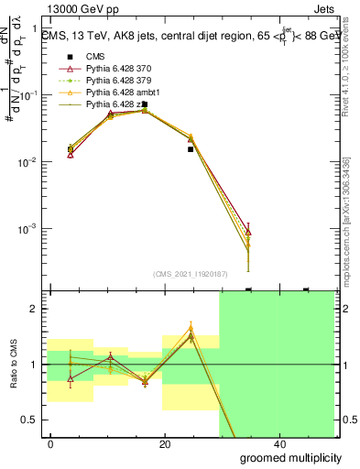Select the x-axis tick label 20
(165, 442)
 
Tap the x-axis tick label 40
(278, 442)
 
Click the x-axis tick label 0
(51, 442)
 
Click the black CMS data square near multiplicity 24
(191, 148)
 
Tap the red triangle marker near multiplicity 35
(248, 232)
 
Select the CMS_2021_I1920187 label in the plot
(189, 273)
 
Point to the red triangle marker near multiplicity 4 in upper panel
(71, 155)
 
